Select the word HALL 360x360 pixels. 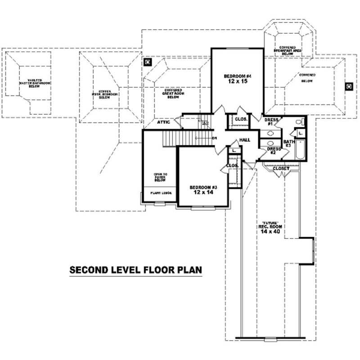click(x=245, y=140)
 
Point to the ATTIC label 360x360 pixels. click(x=163, y=122)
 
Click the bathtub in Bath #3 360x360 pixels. click(x=300, y=150)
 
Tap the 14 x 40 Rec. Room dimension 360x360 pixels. click(x=270, y=231)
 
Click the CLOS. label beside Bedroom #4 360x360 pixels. click(x=240, y=120)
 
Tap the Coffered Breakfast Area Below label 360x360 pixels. click(x=287, y=50)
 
